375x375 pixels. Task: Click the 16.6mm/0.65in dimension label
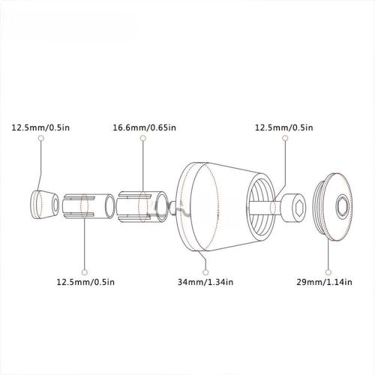144,127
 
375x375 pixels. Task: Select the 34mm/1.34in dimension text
205,282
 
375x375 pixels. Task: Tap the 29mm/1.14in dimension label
324,282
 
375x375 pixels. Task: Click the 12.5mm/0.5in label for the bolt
283,127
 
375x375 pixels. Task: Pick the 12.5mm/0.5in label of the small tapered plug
40,127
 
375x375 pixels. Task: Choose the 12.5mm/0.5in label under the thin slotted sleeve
85,282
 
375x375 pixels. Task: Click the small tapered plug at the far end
44,205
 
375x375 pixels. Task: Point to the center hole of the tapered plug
55,205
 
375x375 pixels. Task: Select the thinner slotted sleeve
88,206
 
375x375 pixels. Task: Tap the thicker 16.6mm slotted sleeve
142,207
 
